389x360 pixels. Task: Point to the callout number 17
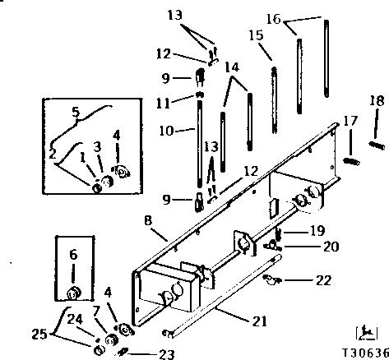(350, 121)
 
